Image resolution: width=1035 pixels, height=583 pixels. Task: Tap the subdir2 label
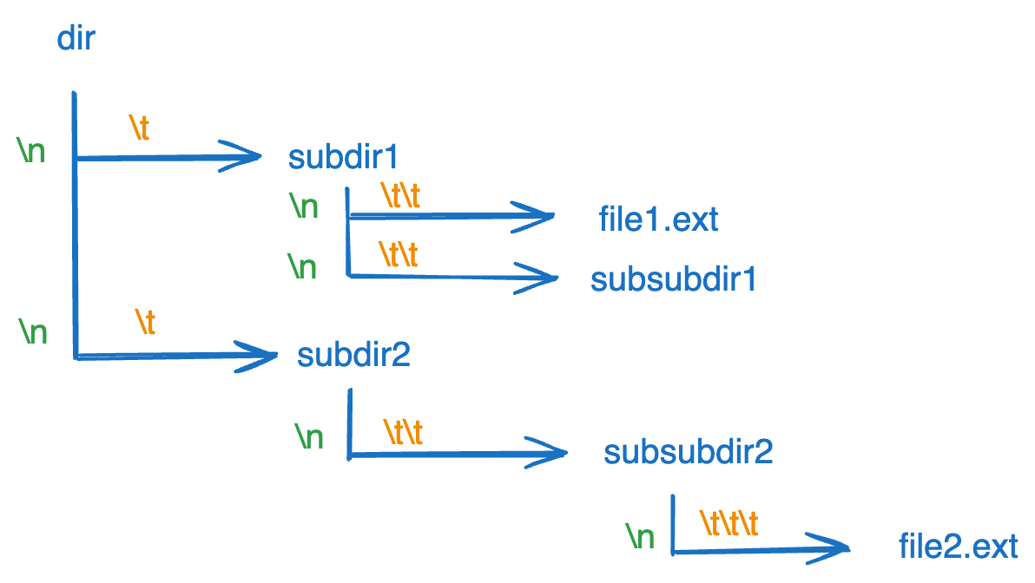tap(353, 355)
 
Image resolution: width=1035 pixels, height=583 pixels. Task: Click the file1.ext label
tap(658, 219)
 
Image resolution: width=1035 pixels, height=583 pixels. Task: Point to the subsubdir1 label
tap(674, 279)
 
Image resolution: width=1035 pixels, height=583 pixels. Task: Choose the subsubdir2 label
tap(688, 452)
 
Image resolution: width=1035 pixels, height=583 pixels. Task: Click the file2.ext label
tap(958, 547)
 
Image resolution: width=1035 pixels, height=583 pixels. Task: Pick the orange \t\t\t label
tap(728, 522)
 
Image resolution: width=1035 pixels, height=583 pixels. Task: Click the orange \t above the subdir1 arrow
tap(140, 128)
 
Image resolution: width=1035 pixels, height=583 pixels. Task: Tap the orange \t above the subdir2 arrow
tap(145, 322)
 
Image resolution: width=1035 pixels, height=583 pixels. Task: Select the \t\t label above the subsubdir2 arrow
tap(403, 431)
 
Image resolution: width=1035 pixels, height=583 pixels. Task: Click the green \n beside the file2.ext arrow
tap(640, 537)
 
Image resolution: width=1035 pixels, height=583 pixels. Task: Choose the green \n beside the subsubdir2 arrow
tap(308, 436)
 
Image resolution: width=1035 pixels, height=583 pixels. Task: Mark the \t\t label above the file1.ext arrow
tap(401, 196)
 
